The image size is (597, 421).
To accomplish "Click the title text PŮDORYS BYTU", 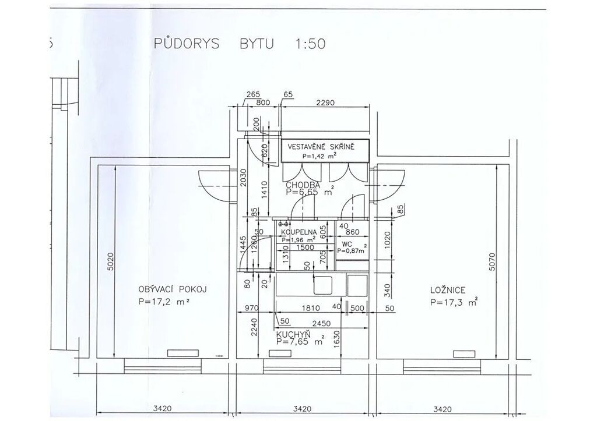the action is coord(213,44).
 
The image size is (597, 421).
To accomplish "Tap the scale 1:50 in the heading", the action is coord(310,44).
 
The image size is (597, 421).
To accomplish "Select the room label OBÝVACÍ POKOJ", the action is coord(173,290).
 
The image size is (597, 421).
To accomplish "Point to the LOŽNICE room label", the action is coord(448,290).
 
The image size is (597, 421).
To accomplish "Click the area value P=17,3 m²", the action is coord(454,302).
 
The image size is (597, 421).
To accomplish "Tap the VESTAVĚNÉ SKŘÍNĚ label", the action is coord(321,147).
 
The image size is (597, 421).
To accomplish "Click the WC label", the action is coord(347,244).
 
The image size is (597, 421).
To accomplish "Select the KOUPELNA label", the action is coord(299,232).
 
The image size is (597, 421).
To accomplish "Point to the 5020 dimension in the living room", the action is coord(110,262).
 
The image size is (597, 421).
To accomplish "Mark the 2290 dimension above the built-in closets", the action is coord(325,102).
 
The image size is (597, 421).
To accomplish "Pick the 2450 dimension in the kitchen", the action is coord(321,324).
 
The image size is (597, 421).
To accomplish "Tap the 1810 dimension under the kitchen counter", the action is coord(311,309).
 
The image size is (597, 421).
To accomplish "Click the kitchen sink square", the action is coord(323,285).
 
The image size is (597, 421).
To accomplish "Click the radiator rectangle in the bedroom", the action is coord(464,353).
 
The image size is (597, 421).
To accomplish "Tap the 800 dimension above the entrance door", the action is coord(263,102).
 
